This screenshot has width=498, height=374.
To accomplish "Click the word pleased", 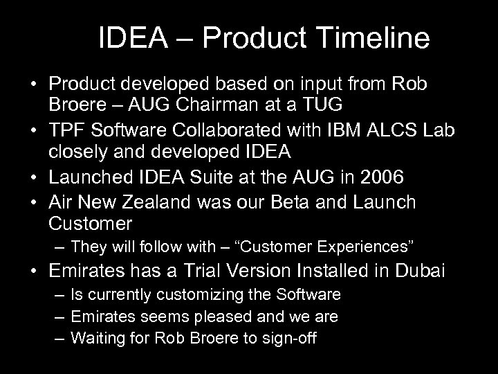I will point(231,317).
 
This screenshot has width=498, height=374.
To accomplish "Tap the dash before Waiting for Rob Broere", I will point(61,338).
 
